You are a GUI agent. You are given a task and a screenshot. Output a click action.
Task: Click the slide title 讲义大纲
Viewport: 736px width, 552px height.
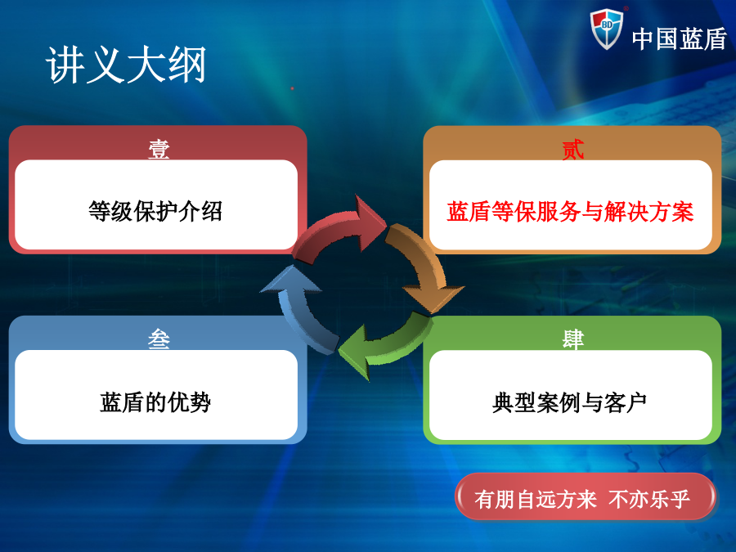[x=126, y=65]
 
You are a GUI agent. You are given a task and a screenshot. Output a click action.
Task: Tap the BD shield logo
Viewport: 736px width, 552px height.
[x=607, y=29]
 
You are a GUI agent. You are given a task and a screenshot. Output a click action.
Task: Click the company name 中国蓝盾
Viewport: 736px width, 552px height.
[x=680, y=39]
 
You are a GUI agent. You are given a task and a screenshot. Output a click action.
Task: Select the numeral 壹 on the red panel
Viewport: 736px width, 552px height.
[x=159, y=150]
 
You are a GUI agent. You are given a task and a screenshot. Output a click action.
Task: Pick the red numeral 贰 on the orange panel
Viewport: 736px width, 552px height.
[x=572, y=150]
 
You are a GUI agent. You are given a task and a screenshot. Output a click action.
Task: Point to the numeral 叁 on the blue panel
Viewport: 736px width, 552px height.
[x=159, y=339]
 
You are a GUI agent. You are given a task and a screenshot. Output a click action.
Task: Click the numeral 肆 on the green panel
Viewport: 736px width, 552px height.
[x=572, y=339]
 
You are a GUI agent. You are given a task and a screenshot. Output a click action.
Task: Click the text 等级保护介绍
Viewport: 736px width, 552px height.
[x=155, y=211]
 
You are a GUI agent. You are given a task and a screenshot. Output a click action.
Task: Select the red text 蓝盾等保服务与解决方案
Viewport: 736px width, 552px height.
[x=570, y=211]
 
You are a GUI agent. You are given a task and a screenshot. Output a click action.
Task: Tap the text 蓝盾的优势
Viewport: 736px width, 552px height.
[x=155, y=402]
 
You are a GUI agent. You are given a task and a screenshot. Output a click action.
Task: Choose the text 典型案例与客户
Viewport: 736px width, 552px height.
[x=569, y=402]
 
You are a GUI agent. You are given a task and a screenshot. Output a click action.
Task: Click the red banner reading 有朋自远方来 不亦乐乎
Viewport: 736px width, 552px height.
[x=586, y=497]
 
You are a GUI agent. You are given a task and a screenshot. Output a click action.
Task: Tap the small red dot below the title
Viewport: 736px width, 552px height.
[x=293, y=88]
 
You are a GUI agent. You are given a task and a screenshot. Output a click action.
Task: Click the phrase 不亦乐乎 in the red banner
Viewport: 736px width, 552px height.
[x=649, y=499]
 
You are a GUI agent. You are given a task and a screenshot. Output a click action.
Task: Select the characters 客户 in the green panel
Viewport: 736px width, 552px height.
[x=625, y=402]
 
